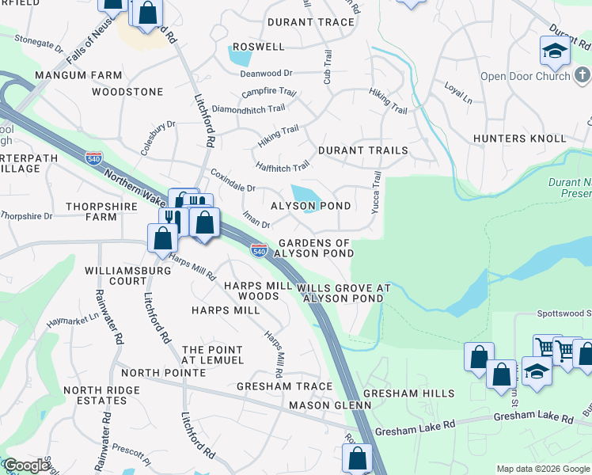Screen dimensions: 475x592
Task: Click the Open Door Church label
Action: point(525,76)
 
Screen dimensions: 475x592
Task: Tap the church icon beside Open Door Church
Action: point(583,76)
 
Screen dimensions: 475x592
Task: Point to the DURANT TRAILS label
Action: point(362,150)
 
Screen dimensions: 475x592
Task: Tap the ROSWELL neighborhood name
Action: point(258,47)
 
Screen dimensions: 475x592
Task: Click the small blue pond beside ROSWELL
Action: point(238,56)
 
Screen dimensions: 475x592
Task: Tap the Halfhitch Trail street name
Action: point(283,167)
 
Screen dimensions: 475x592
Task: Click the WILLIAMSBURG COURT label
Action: point(117,275)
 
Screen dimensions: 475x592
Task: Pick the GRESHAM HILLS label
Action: point(408,393)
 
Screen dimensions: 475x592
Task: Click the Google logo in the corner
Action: point(26,465)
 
